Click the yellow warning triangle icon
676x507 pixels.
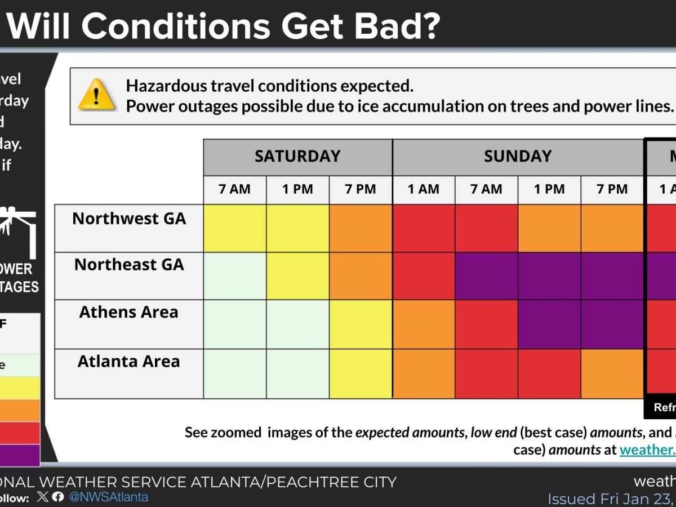tap(97, 95)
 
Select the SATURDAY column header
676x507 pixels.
tap(297, 156)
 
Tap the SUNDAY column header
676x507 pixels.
tap(518, 156)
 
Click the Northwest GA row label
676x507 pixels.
tap(129, 219)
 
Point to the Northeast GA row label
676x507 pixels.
tap(129, 265)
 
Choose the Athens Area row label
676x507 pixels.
tap(129, 312)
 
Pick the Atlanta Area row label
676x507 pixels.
tap(129, 361)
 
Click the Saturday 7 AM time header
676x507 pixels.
tap(234, 189)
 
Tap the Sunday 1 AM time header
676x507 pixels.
tap(424, 189)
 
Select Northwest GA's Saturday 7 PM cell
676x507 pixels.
tap(361, 228)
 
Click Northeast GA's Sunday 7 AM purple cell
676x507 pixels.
tap(486, 276)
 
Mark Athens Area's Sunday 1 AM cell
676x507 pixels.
tap(424, 324)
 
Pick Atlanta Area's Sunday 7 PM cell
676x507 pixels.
tap(612, 373)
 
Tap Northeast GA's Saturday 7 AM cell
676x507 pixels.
tap(234, 276)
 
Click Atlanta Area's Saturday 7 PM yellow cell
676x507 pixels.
tap(361, 373)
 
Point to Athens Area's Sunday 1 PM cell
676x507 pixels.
tap(549, 324)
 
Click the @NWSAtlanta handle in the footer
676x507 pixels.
tap(109, 497)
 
